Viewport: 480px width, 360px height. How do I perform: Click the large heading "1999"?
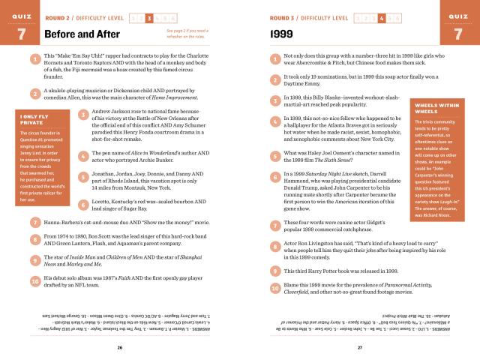tap(281, 34)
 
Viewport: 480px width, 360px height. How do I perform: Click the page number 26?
tap(120, 347)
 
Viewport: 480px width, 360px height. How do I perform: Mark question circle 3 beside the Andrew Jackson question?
tap(82, 115)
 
